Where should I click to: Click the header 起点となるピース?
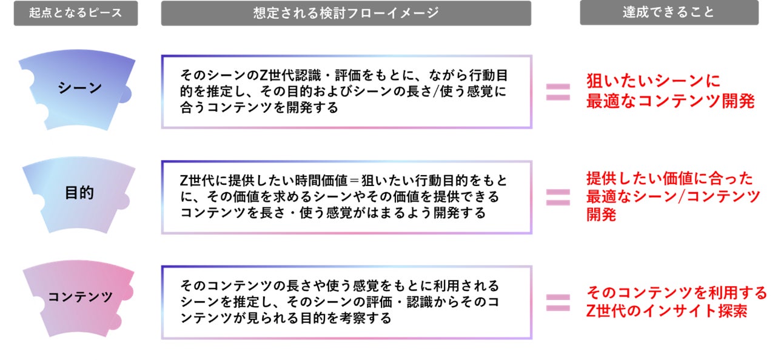pos(76,13)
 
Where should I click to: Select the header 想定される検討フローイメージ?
pos(346,13)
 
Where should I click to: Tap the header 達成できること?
pos(669,13)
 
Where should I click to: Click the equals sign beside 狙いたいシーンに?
pos(558,92)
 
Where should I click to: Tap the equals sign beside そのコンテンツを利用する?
pos(558,301)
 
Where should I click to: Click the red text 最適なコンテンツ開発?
pos(670,101)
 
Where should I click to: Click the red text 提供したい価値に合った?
pos(669,178)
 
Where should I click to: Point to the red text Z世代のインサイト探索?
pos(666,311)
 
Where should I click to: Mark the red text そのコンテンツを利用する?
pos(677,293)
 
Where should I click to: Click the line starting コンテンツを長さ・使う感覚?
pos(333,213)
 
